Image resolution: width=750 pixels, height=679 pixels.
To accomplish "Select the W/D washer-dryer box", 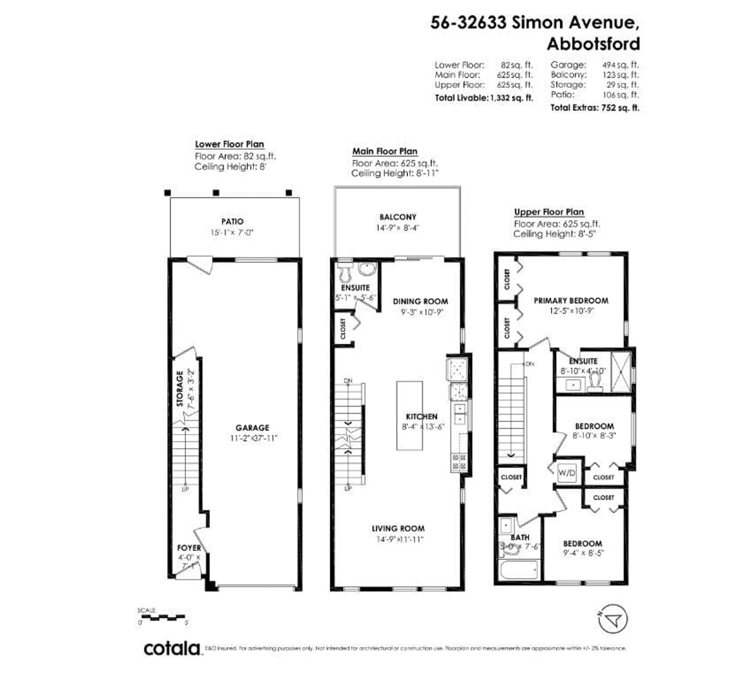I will pyautogui.click(x=567, y=473).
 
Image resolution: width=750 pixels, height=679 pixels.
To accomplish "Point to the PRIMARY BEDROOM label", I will pyautogui.click(x=571, y=300).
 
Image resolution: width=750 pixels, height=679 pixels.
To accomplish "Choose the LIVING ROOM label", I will pyautogui.click(x=398, y=528).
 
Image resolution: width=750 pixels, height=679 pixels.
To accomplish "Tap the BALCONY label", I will pyautogui.click(x=398, y=217).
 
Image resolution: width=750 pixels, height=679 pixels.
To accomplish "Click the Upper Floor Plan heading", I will pyautogui.click(x=549, y=212).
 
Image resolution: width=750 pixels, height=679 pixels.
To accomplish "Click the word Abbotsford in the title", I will pyautogui.click(x=593, y=44).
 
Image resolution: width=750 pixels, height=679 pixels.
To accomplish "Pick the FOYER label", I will pyautogui.click(x=189, y=548).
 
